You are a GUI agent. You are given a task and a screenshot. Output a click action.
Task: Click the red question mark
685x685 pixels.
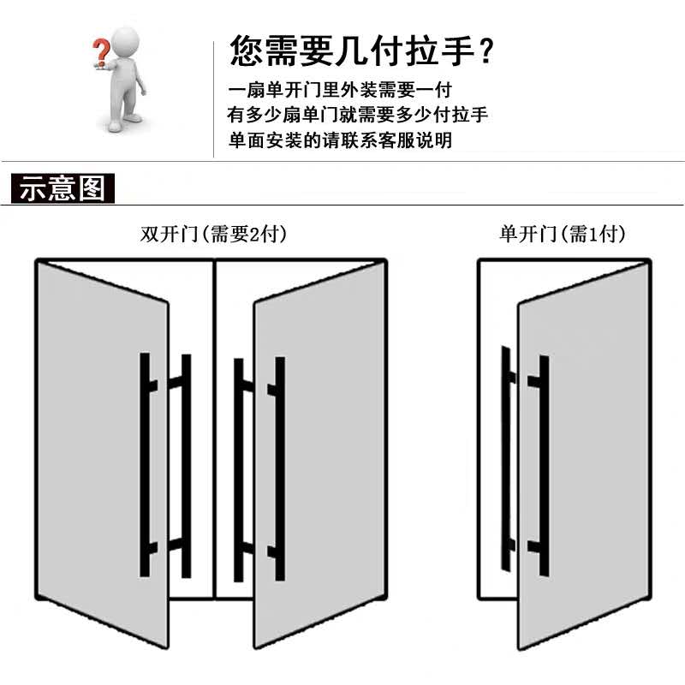(x=100, y=51)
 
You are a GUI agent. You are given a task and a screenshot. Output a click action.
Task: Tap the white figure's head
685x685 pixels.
(x=126, y=39)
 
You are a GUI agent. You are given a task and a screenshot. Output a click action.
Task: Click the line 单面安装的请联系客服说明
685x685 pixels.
(x=340, y=140)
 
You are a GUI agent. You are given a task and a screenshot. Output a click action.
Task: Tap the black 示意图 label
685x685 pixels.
(x=62, y=188)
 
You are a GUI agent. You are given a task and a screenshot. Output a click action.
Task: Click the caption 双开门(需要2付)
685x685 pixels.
(x=213, y=234)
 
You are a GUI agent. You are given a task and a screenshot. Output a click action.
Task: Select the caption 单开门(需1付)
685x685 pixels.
(x=563, y=234)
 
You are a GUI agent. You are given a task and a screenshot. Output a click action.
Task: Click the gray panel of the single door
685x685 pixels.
(x=591, y=462)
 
